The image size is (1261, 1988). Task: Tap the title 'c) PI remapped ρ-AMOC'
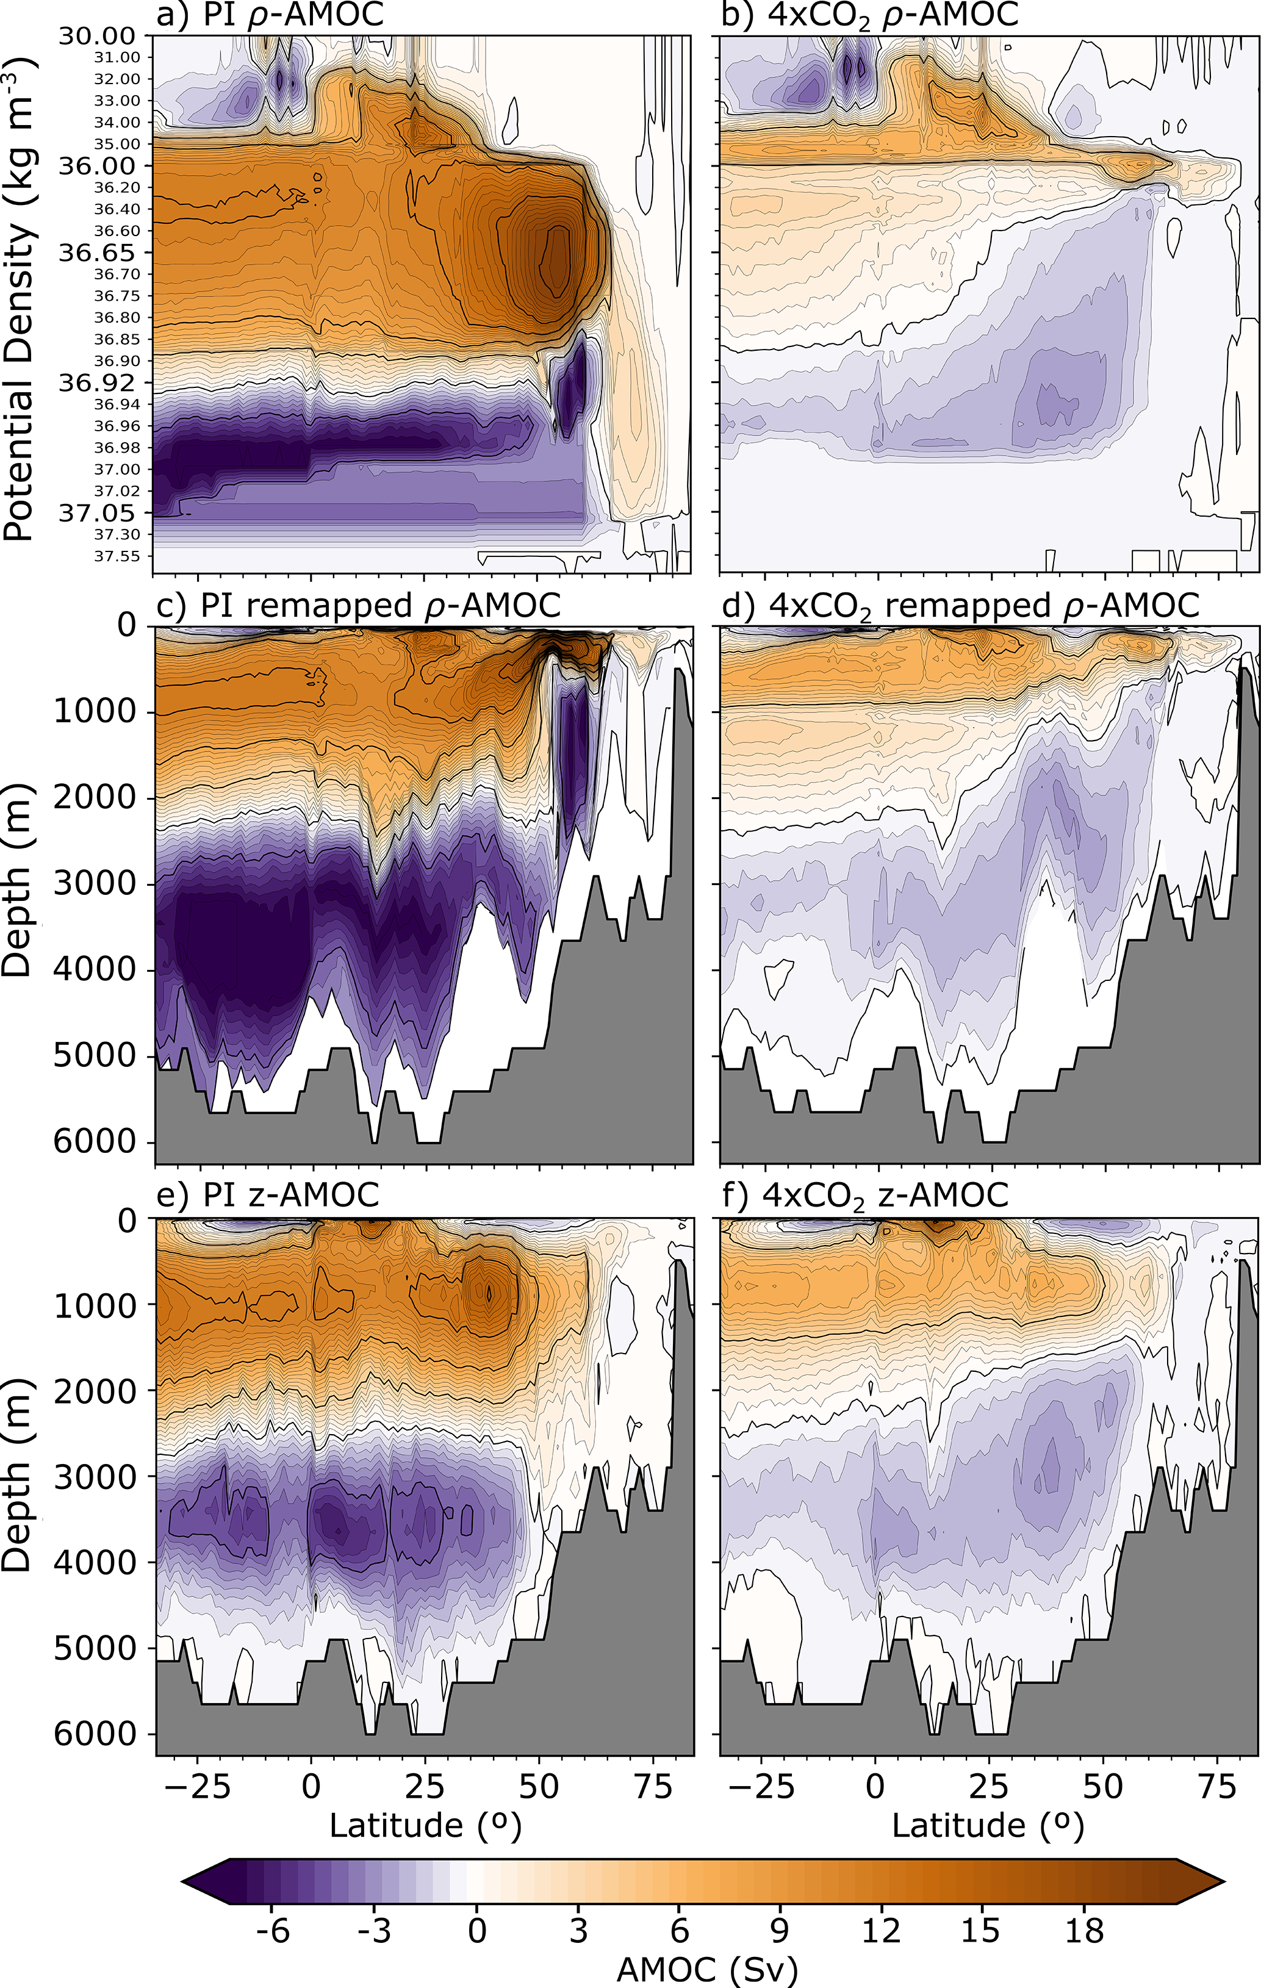[x=358, y=605]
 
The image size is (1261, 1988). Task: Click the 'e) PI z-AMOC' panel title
[x=268, y=1194]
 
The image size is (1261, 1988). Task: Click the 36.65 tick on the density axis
[x=96, y=252]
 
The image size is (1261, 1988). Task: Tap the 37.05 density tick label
[x=96, y=512]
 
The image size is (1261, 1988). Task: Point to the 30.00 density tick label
[x=96, y=35]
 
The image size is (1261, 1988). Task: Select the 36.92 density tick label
[x=96, y=382]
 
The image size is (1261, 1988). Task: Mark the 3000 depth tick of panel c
[x=93, y=883]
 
